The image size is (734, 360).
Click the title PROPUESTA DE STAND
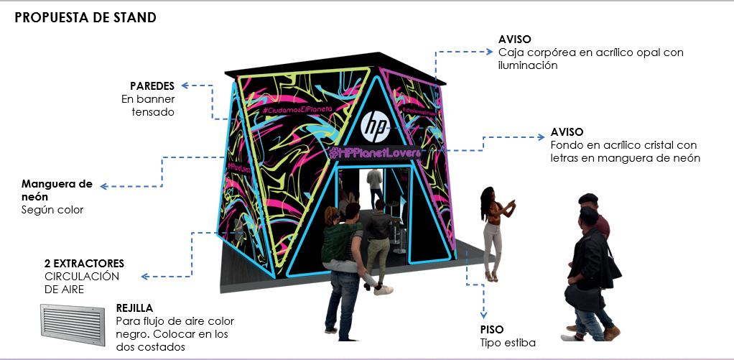click(x=85, y=18)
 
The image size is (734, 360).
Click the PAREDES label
click(x=152, y=86)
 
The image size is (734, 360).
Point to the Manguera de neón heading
click(x=57, y=190)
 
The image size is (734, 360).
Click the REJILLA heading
click(x=134, y=308)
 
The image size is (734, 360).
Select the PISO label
click(x=492, y=329)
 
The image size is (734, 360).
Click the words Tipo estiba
click(x=508, y=342)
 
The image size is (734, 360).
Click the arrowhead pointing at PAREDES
click(x=186, y=86)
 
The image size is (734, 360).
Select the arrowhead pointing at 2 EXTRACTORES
click(x=144, y=276)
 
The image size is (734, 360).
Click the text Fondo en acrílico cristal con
click(x=623, y=145)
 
